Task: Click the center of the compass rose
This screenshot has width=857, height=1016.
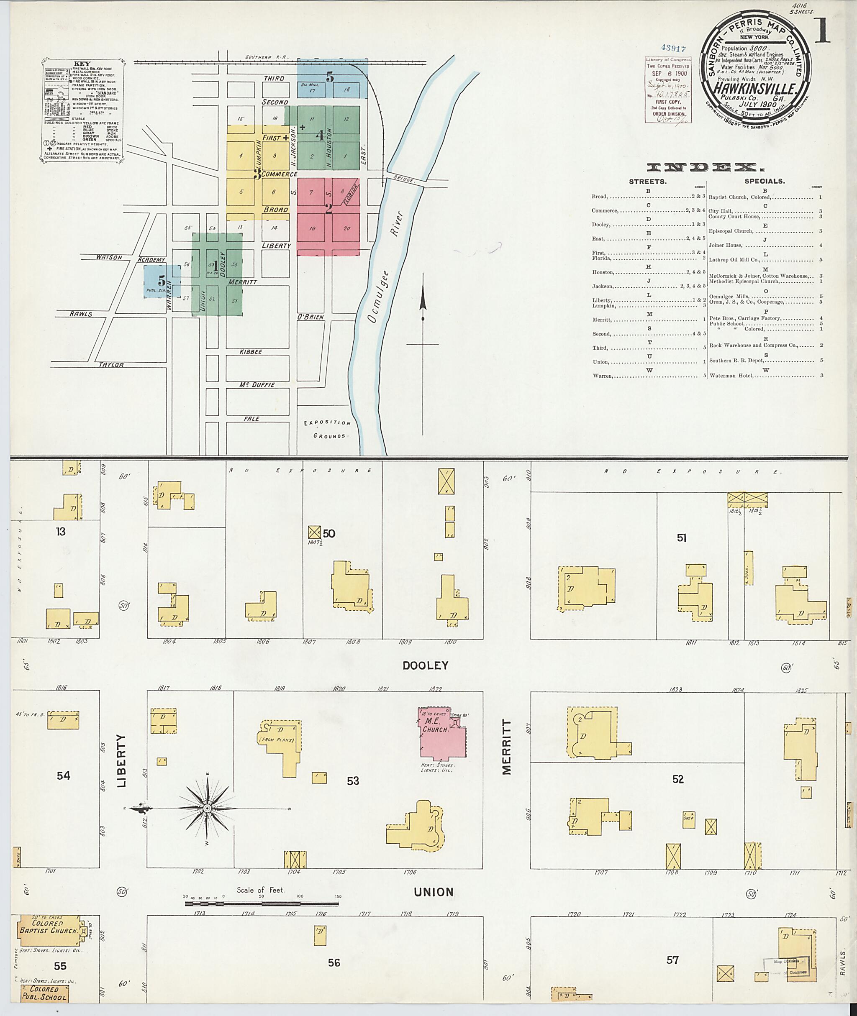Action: point(207,809)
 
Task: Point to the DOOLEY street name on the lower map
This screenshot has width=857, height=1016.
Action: point(425,666)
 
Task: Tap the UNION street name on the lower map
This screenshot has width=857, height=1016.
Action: point(434,892)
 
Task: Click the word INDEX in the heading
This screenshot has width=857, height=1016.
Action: point(706,168)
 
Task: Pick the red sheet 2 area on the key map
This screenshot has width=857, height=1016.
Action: point(328,216)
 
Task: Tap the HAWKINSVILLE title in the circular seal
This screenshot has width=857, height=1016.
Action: point(754,88)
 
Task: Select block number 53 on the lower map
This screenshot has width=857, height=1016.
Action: point(353,781)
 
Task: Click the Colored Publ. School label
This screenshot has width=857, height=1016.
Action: point(44,993)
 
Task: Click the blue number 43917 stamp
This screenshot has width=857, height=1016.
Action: point(673,49)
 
